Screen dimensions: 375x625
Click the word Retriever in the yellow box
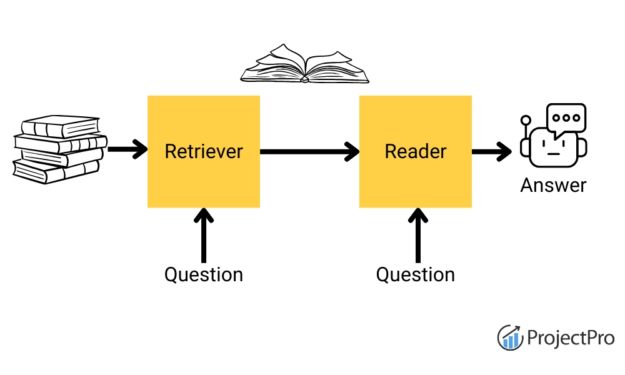203,151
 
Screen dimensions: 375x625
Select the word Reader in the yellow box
416,151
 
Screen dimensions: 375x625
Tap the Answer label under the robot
553,185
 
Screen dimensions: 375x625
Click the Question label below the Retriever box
203,274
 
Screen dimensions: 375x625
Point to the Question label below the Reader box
416,274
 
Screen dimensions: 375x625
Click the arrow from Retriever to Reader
309,151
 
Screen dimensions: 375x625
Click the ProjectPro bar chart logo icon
510,337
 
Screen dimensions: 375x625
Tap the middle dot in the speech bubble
566,117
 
